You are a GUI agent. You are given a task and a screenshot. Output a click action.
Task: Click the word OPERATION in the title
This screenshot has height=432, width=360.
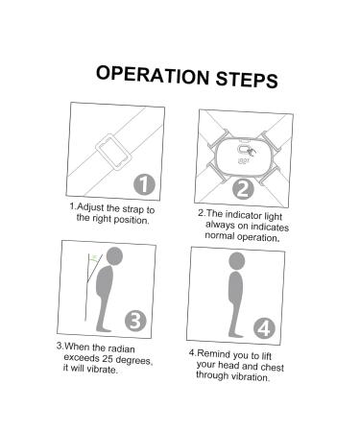tap(153, 75)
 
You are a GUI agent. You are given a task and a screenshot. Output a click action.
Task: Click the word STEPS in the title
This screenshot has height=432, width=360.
tap(247, 80)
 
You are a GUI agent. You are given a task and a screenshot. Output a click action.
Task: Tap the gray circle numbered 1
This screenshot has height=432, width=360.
tap(144, 184)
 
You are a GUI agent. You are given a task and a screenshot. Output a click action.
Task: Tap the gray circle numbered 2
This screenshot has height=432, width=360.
tap(243, 189)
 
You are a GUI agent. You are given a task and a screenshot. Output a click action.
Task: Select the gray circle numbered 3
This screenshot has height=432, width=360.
tap(135, 321)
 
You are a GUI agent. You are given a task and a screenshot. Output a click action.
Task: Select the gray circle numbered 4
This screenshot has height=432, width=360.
tap(264, 328)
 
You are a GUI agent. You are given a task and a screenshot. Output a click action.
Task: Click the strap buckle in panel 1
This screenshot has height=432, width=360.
tap(113, 153)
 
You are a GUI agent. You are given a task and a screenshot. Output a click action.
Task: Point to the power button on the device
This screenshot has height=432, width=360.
tap(244, 150)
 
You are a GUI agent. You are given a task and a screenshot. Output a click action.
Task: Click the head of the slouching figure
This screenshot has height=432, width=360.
tap(114, 256)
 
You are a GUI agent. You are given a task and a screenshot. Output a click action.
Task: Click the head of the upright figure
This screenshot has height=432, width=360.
tap(237, 261)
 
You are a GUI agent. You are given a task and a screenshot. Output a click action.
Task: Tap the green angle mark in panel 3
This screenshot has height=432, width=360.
tap(94, 258)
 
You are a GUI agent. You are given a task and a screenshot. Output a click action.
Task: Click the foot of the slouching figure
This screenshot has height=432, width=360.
tap(103, 328)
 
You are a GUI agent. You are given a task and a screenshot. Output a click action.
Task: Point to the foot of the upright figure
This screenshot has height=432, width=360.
tap(236, 334)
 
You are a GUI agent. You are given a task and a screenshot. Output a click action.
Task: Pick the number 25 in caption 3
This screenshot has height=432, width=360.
tap(108, 358)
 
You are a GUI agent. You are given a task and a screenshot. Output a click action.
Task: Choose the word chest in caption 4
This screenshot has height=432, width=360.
tap(272, 367)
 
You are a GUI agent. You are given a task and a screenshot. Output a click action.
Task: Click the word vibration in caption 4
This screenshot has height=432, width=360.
tap(251, 376)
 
